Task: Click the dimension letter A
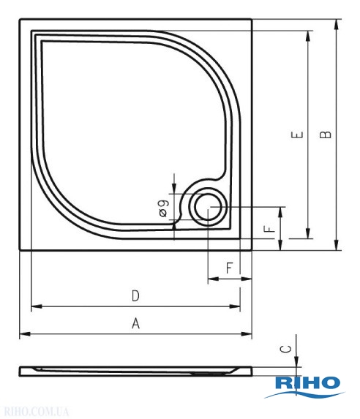pos(135,323)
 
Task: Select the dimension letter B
pos(326,135)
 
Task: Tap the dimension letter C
pos(286,349)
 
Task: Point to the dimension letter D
pos(135,296)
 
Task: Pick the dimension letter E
pos(297,135)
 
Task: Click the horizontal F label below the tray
pos(229,268)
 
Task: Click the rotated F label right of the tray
pos(269,229)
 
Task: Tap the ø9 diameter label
pos(163,208)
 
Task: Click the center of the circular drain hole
pos(208,208)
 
